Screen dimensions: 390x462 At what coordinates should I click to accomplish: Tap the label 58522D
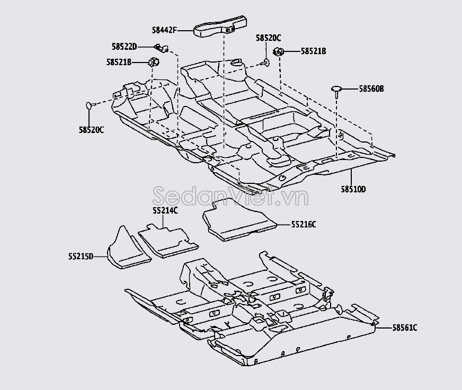125,47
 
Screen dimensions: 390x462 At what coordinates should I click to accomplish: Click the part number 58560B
371,89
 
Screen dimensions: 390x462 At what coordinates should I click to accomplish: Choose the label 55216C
303,225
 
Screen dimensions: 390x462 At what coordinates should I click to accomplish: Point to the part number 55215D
81,256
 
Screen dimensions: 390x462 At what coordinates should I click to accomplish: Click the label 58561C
405,328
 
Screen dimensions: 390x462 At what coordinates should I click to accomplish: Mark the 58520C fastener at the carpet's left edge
90,105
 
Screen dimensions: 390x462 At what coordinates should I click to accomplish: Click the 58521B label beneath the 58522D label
119,63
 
